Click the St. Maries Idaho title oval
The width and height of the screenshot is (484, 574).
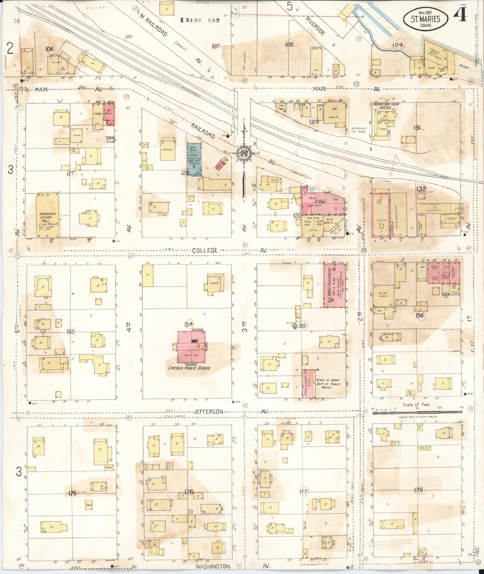(425, 19)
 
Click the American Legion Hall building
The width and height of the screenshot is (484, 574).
(48, 216)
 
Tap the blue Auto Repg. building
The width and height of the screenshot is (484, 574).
(194, 159)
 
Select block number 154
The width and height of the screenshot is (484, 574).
(189, 324)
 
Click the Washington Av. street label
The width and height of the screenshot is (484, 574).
(213, 566)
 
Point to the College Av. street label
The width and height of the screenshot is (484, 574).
(205, 250)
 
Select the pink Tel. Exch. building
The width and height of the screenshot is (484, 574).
(110, 114)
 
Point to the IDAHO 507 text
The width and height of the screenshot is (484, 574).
(200, 20)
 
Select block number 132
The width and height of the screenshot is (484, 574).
(421, 189)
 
